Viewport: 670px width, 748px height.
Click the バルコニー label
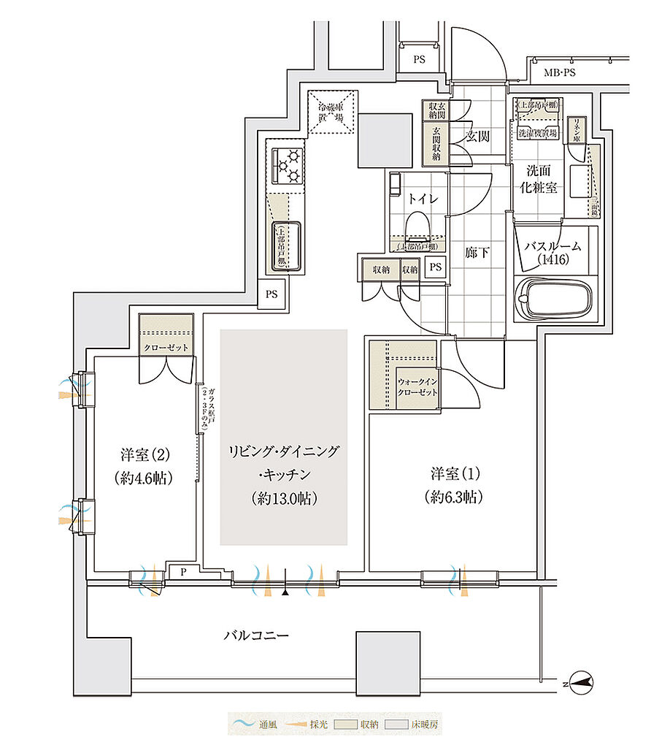pyautogui.click(x=255, y=636)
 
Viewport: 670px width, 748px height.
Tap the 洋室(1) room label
pyautogui.click(x=454, y=485)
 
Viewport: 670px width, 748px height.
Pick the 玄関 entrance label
pyautogui.click(x=477, y=136)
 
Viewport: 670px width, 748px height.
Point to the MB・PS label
pyautogui.click(x=560, y=73)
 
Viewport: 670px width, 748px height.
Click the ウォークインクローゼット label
pyautogui.click(x=418, y=386)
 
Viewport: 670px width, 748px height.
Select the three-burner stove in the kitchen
pyautogui.click(x=287, y=165)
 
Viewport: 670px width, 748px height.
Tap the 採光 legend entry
pyautogui.click(x=309, y=725)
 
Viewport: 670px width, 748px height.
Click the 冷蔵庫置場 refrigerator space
pyautogui.click(x=331, y=112)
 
